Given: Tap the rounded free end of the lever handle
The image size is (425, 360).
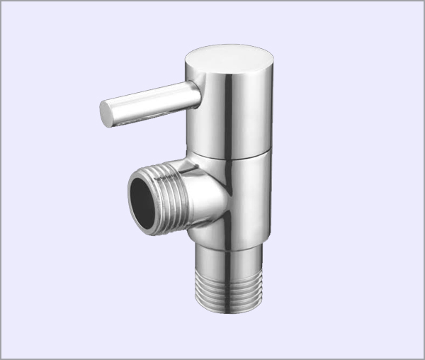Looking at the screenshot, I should pyautogui.click(x=106, y=114).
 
